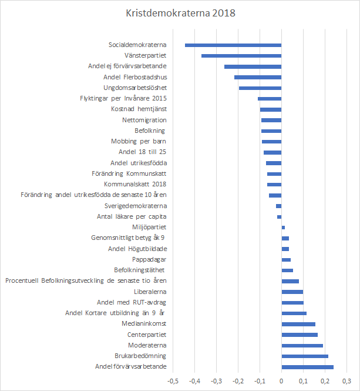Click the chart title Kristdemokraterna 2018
click(180, 12)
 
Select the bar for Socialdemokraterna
click(233, 45)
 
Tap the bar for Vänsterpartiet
click(241, 56)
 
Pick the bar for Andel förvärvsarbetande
click(308, 367)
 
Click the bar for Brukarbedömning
click(305, 356)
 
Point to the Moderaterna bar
click(302, 346)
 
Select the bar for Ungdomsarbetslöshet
click(260, 88)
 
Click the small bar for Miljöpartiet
click(283, 227)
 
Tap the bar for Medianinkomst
click(298, 324)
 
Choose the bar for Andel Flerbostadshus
click(258, 77)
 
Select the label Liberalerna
click(150, 292)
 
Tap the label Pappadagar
click(150, 259)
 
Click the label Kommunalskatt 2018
click(136, 184)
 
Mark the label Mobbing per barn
click(139, 141)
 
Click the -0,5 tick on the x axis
click(173, 380)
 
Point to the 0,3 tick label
click(346, 380)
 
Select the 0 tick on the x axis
click(282, 380)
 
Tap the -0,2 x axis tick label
click(238, 380)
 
